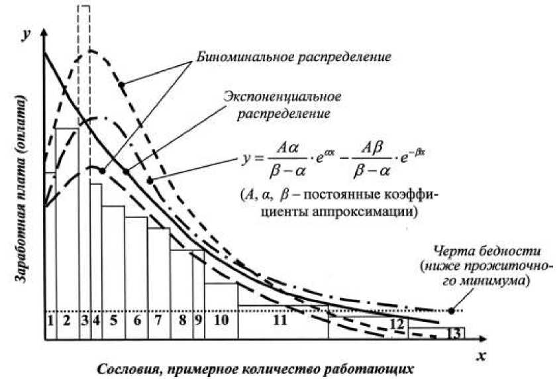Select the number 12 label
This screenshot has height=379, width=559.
click(x=397, y=325)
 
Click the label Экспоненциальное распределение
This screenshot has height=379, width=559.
click(x=282, y=105)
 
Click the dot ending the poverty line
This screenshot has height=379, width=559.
click(x=451, y=309)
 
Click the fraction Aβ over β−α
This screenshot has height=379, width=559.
click(x=372, y=161)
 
